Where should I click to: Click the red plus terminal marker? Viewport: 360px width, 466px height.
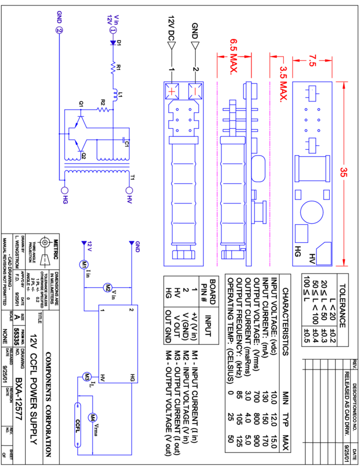click(x=172, y=91)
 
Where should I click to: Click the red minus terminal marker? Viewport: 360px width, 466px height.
click(x=195, y=91)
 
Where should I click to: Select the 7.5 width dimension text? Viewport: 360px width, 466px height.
click(x=312, y=60)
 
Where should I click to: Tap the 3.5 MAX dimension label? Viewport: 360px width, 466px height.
click(x=283, y=84)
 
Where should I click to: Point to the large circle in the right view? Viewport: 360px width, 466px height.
click(x=312, y=212)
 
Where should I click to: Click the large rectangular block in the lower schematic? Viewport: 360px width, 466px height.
click(x=118, y=344)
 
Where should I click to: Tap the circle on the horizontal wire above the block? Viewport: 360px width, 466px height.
click(x=107, y=287)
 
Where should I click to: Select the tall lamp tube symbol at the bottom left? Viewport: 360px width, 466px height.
click(x=78, y=425)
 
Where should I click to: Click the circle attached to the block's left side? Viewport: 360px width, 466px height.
click(x=87, y=377)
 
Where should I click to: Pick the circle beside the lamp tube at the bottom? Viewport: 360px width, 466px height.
click(x=93, y=418)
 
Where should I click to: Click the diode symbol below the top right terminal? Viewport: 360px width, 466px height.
click(x=113, y=42)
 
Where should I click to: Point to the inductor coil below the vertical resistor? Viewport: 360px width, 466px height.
click(x=115, y=95)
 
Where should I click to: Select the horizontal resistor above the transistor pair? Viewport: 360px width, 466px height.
click(x=103, y=110)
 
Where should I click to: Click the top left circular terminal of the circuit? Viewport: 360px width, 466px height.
click(x=59, y=30)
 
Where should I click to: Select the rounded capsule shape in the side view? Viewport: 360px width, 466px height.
click(x=258, y=169)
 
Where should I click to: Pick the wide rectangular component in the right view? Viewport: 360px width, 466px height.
click(x=312, y=168)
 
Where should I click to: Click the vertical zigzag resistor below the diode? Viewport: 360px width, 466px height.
click(x=113, y=67)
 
